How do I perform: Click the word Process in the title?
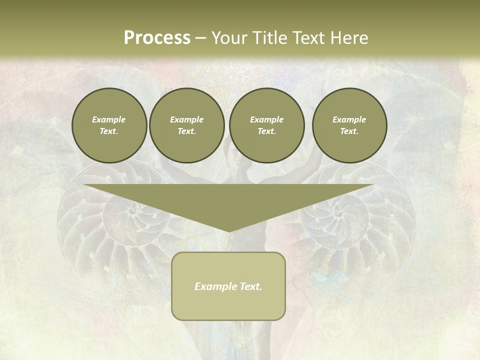click(x=157, y=38)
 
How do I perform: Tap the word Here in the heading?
click(x=349, y=38)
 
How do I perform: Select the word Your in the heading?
click(x=230, y=38)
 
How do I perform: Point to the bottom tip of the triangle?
click(x=228, y=231)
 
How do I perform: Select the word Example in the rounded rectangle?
click(x=216, y=286)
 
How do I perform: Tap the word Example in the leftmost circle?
click(x=109, y=119)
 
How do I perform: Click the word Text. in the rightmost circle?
click(x=349, y=131)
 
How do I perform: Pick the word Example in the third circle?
click(x=266, y=119)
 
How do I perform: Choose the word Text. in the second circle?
click(x=186, y=131)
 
